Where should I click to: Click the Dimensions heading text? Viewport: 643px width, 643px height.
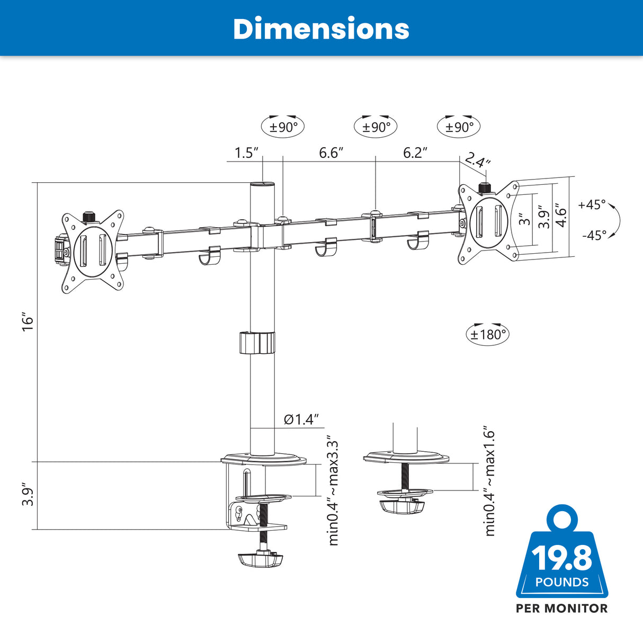(321, 29)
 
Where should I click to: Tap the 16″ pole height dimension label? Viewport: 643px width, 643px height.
(28, 322)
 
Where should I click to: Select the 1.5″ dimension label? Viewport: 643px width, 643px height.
(246, 153)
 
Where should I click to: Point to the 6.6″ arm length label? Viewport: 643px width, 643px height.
(331, 153)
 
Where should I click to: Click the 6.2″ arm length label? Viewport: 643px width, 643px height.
(415, 153)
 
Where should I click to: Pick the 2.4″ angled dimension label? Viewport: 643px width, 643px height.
(478, 160)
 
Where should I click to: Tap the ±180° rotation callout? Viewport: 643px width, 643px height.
(488, 334)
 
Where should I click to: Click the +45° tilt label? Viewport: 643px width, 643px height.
(592, 204)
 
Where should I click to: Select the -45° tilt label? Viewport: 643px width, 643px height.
(594, 235)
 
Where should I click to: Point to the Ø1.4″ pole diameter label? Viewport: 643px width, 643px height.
(301, 419)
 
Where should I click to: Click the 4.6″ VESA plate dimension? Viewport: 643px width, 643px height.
(561, 217)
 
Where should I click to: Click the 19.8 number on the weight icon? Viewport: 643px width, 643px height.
(561, 557)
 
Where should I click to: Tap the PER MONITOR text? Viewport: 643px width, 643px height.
(562, 609)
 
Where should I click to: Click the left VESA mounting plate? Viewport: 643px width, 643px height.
(93, 251)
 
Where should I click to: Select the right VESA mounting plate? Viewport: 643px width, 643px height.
(488, 222)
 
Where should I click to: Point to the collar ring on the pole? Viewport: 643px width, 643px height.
(257, 342)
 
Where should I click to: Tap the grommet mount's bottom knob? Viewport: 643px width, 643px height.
(403, 506)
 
